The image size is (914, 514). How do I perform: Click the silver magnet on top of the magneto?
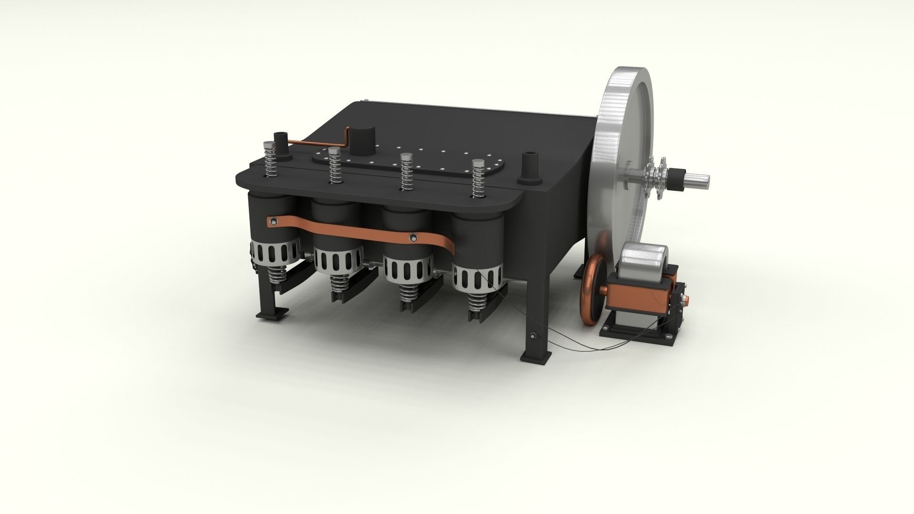click(645, 259)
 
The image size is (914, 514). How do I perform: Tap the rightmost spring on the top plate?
click(477, 179)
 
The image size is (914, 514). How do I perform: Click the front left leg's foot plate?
click(272, 315)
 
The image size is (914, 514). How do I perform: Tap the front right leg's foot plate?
click(536, 356)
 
